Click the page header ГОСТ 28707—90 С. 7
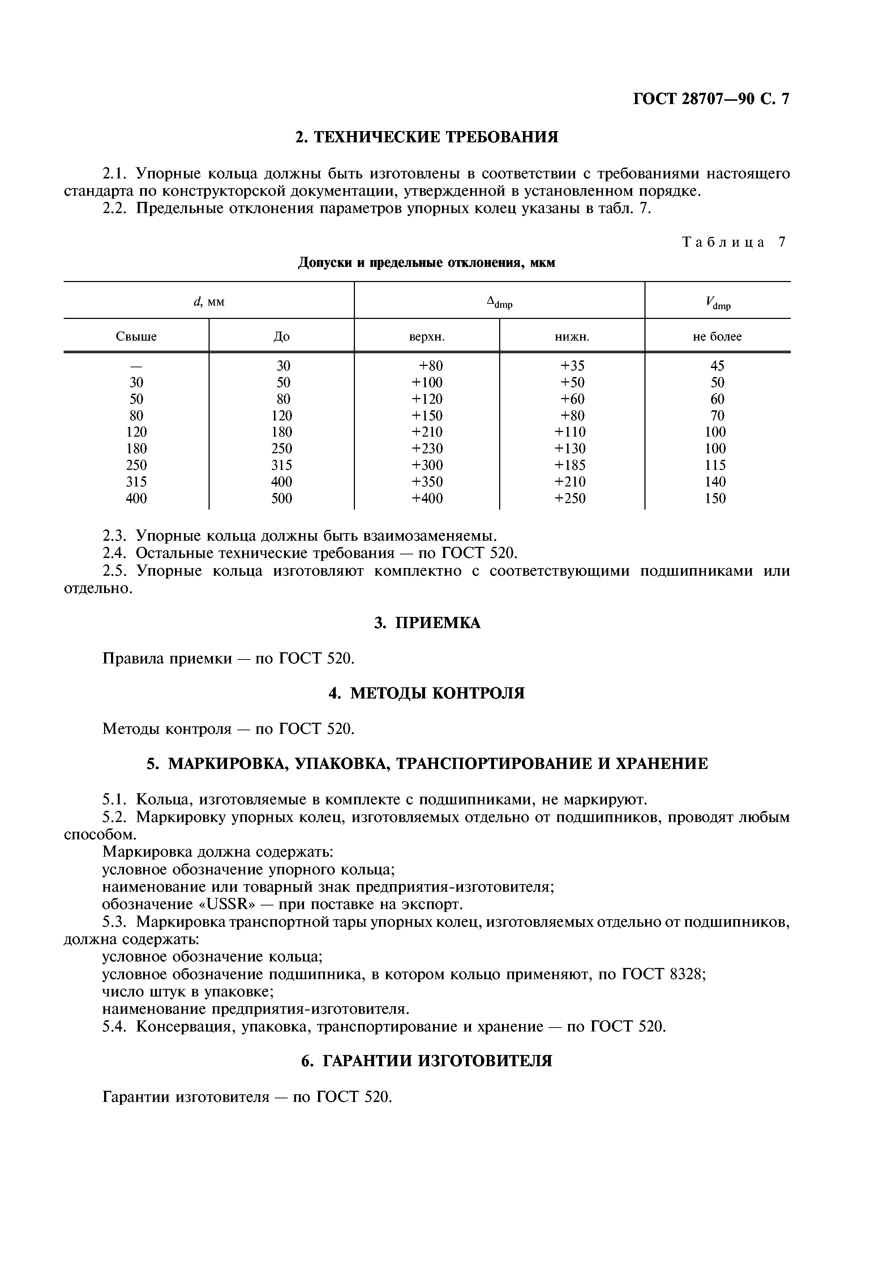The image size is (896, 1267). (x=711, y=99)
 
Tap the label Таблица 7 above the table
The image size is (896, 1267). (x=734, y=242)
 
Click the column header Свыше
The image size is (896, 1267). (x=136, y=337)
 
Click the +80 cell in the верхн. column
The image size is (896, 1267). (x=430, y=366)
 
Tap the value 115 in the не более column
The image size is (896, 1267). (x=717, y=465)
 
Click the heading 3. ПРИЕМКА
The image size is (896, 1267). (x=427, y=623)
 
